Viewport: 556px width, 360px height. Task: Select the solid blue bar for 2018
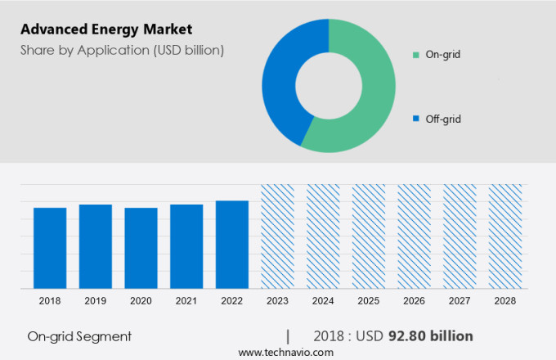[x=50, y=248]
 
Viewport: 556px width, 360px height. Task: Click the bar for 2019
[x=96, y=246]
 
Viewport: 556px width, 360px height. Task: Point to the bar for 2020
[x=141, y=248]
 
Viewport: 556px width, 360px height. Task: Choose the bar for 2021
[x=186, y=246]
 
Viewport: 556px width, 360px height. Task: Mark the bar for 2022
[x=232, y=245]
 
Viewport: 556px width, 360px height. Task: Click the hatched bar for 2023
[x=277, y=236]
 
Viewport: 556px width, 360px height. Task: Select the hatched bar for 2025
[x=369, y=236]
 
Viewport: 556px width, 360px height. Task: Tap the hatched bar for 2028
[x=504, y=236]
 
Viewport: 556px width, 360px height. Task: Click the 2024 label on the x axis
[x=323, y=301]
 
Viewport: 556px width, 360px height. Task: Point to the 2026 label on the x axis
[x=414, y=301]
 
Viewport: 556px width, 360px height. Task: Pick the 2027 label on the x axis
[x=460, y=301]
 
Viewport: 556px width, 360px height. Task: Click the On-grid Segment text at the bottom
[x=79, y=336]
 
